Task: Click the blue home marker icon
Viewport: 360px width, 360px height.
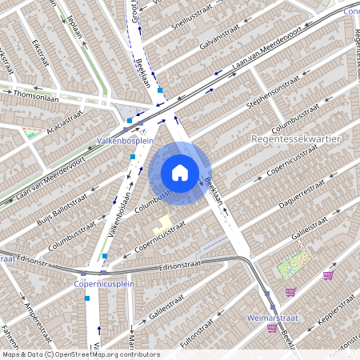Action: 180,173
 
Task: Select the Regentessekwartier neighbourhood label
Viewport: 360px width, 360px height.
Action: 296,138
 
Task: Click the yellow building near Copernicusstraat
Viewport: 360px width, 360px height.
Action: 162,224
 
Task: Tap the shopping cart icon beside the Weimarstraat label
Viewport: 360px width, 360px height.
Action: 273,328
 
